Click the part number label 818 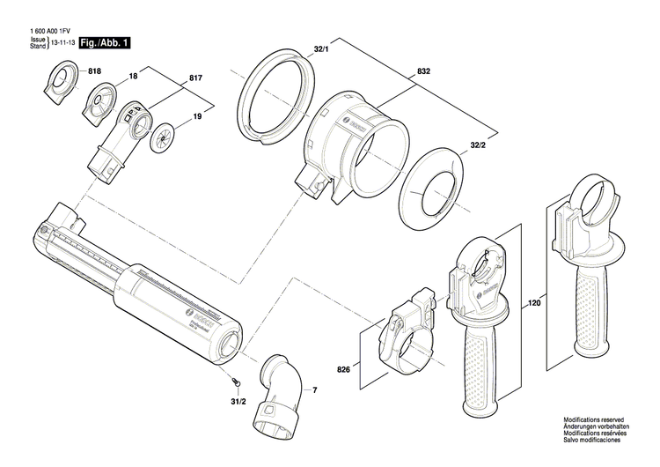point(95,70)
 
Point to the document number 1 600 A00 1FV point(48,32)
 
